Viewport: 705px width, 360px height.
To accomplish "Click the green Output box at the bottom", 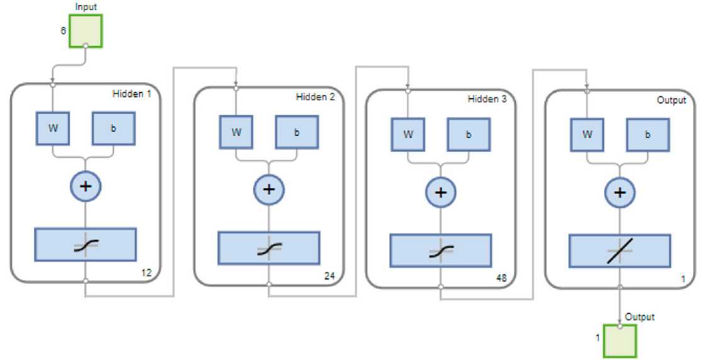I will tap(619, 340).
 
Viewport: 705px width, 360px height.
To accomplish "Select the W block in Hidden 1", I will tap(53, 128).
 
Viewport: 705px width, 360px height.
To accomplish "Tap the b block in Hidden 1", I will tap(113, 128).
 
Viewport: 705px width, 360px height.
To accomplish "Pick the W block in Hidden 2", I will tap(236, 132).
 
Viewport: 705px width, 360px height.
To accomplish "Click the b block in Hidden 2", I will tap(296, 133).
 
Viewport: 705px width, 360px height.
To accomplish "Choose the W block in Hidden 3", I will tap(409, 134).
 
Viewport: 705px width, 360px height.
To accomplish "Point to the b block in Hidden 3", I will tap(468, 135).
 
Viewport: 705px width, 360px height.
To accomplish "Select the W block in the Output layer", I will tap(587, 134).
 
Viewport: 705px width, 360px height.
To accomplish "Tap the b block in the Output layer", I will tap(647, 135).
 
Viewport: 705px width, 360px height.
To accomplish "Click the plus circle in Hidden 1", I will tap(85, 186).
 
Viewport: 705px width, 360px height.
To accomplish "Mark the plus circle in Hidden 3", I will tap(441, 192).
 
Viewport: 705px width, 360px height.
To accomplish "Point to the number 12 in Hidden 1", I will tap(147, 273).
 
